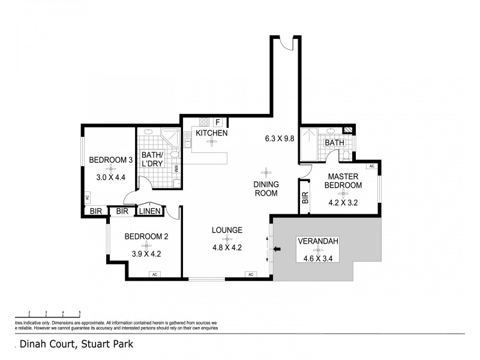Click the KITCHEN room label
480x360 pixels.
(x=212, y=133)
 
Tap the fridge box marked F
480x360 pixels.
(x=218, y=122)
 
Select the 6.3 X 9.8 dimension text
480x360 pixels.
(x=280, y=138)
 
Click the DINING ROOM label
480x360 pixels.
(x=265, y=189)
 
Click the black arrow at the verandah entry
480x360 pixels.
(x=277, y=249)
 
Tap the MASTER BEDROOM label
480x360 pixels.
(x=343, y=181)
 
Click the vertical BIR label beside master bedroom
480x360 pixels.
(x=305, y=199)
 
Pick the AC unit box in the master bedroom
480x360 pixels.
(x=371, y=166)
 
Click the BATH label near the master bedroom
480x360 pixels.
(x=334, y=143)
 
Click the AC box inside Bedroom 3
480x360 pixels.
(x=87, y=197)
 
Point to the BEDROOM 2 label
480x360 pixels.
(x=146, y=236)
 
